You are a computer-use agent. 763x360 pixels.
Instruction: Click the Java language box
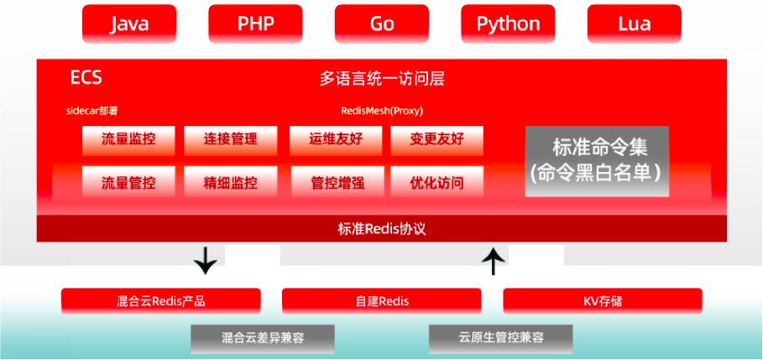point(129,23)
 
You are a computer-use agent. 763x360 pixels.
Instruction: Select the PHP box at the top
point(255,23)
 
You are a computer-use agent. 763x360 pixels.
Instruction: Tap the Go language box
point(382,23)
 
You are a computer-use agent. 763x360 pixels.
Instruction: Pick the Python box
point(508,23)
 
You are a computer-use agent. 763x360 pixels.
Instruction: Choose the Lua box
point(634,23)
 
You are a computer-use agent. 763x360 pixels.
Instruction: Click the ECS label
point(86,78)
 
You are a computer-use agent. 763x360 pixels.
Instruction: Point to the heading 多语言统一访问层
point(382,80)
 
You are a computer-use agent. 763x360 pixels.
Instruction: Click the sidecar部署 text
point(97,111)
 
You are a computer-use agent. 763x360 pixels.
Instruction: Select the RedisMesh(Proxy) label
point(382,111)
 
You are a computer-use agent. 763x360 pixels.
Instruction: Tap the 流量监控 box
point(128,140)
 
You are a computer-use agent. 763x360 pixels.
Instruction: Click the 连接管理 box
point(231,140)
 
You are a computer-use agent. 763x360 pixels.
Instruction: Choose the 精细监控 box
point(231,181)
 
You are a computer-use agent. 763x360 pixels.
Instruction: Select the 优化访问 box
point(436,181)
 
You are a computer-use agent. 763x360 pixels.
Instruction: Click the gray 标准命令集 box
point(597,161)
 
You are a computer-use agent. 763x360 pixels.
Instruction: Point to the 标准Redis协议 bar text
point(382,228)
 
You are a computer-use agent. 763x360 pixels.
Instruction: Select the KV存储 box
point(602,300)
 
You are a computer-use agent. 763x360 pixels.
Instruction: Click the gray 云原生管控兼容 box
point(501,338)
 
